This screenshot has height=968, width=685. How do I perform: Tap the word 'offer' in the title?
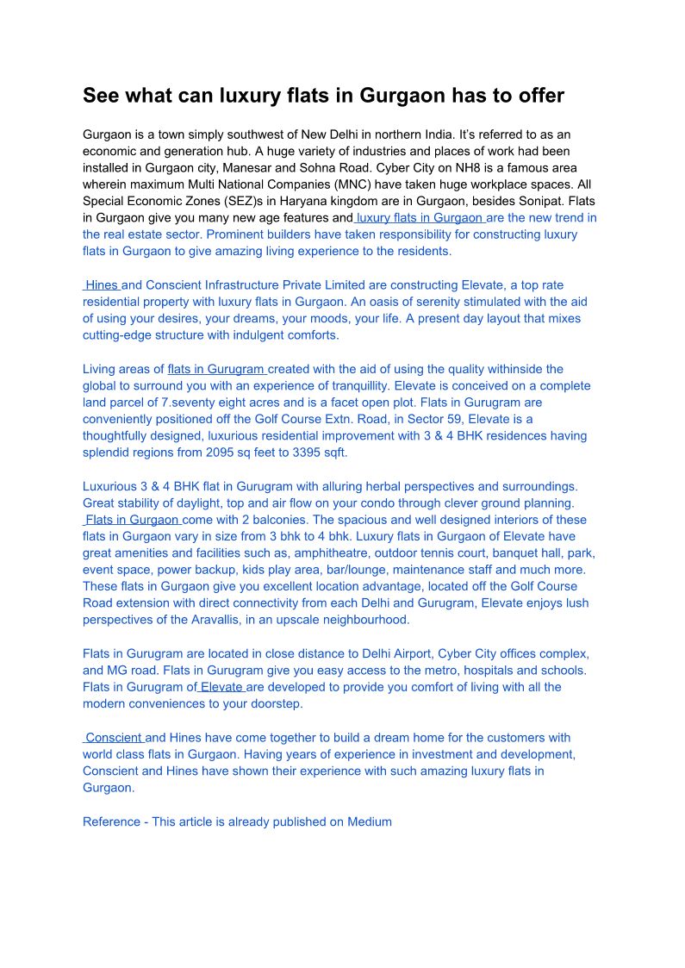(x=534, y=96)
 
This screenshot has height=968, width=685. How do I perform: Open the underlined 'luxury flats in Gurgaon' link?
(x=420, y=218)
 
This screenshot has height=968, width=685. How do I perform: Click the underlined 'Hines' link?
(x=102, y=285)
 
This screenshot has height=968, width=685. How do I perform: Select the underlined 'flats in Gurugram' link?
(x=217, y=369)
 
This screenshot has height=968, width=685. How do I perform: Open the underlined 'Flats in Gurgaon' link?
(x=132, y=520)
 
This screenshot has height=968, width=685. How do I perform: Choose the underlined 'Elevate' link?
(x=221, y=687)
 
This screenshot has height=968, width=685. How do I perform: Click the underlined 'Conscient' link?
(x=114, y=738)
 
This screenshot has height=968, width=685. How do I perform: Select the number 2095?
(x=223, y=453)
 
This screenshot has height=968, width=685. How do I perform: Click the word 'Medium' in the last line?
(x=370, y=821)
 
